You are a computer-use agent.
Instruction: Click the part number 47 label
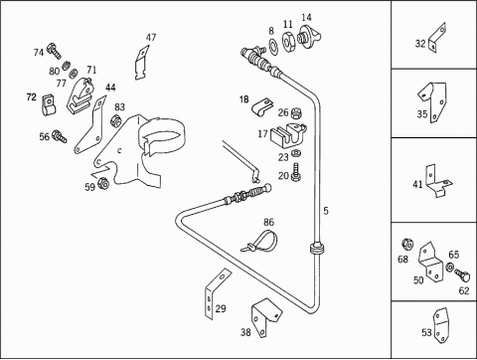151,38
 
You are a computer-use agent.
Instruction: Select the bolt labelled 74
54,51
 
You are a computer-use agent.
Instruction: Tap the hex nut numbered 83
115,120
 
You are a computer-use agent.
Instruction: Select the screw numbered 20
296,172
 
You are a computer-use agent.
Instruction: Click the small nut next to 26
296,113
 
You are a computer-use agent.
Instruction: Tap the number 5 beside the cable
326,211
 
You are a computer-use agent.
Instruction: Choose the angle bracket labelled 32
437,38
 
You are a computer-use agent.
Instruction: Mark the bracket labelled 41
437,181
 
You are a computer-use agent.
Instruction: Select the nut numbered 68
407,245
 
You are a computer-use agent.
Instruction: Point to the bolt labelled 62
462,275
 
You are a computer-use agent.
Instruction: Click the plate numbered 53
440,325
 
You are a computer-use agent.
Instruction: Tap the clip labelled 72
49,104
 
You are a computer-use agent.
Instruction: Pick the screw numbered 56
60,136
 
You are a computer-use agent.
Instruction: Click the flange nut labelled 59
103,183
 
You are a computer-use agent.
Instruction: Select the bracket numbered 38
265,316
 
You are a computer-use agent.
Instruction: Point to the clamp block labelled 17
287,136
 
